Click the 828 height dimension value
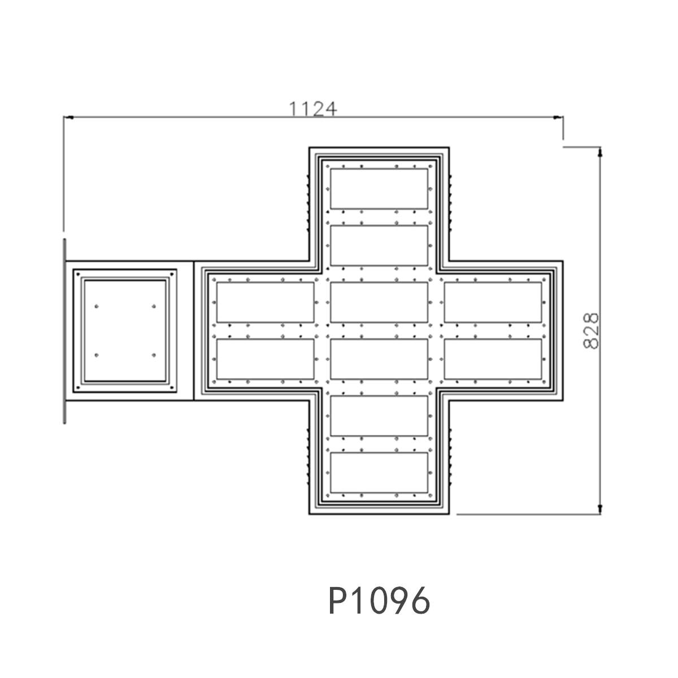(x=591, y=331)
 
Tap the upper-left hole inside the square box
(x=97, y=306)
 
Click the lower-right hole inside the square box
(x=154, y=355)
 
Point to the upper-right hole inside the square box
(x=154, y=306)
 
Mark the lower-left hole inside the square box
(x=97, y=355)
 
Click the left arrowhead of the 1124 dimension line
(x=68, y=117)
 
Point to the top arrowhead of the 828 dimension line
(x=600, y=151)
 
